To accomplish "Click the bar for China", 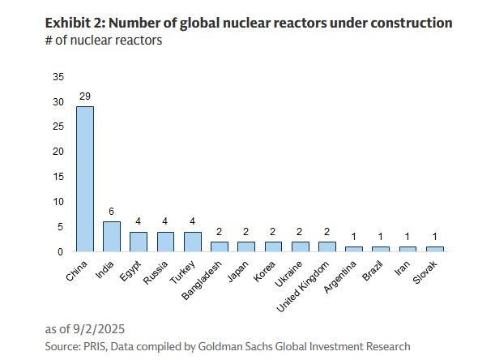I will click(x=84, y=178).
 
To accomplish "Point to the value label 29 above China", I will click(x=84, y=96).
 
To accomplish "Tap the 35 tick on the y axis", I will click(x=58, y=77).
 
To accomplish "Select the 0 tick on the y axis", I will click(x=60, y=252).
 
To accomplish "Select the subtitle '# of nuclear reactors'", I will click(x=103, y=41).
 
